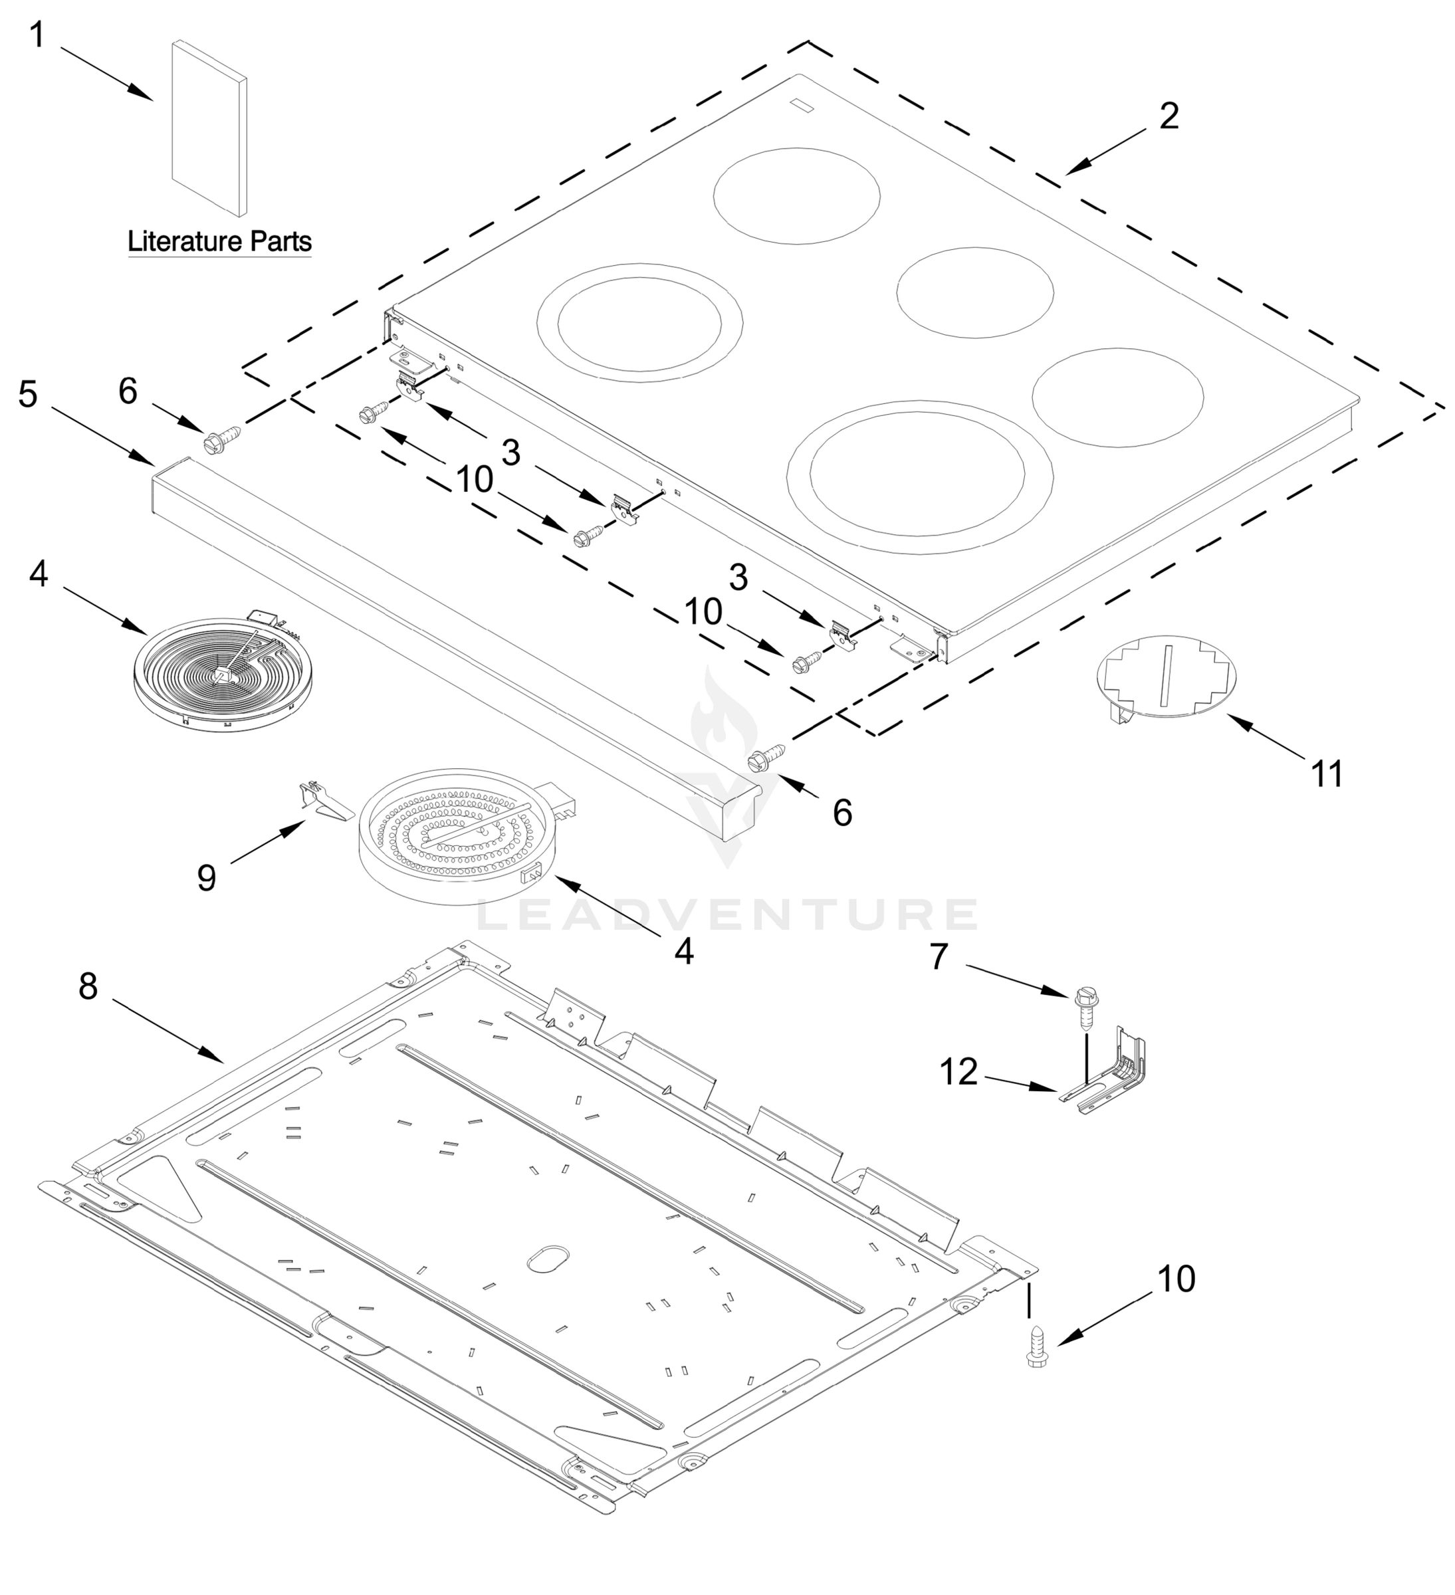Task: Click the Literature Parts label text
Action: pos(219,241)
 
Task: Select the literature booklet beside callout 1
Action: pos(209,128)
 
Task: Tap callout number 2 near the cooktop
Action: pos(1169,116)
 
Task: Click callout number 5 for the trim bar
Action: pos(28,393)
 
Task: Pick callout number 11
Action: pos(1327,774)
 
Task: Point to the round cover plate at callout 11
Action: pos(1165,674)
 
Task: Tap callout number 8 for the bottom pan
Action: pos(88,986)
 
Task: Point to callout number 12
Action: pos(959,1072)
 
